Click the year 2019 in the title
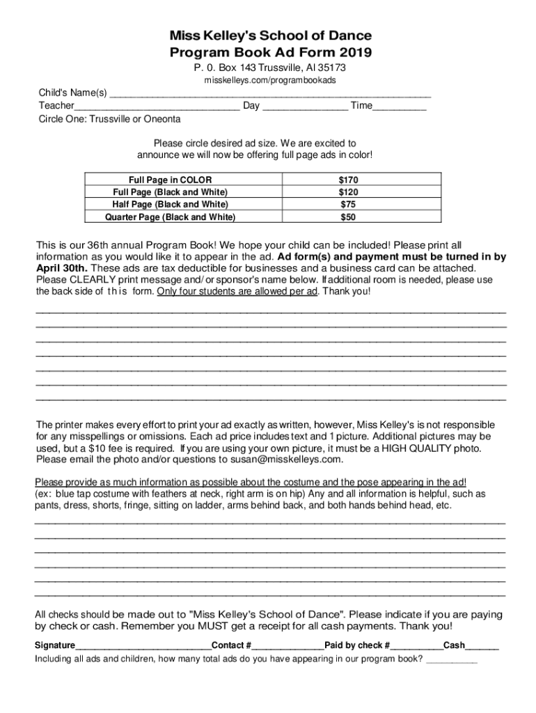pyautogui.click(x=355, y=53)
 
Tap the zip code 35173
pyautogui.click(x=331, y=68)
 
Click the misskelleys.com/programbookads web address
pyautogui.click(x=269, y=80)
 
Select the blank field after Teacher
pyautogui.click(x=157, y=107)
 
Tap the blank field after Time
pyautogui.click(x=400, y=107)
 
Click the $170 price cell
pyautogui.click(x=348, y=180)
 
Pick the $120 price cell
pyautogui.click(x=348, y=192)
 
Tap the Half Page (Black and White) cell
pyautogui.click(x=171, y=204)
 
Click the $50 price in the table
pyautogui.click(x=348, y=217)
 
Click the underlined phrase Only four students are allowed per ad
pyautogui.click(x=237, y=291)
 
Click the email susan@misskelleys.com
pyautogui.click(x=281, y=460)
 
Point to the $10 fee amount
pyautogui.click(x=106, y=448)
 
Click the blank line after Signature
pyautogui.click(x=143, y=646)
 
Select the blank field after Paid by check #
pyautogui.click(x=416, y=646)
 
